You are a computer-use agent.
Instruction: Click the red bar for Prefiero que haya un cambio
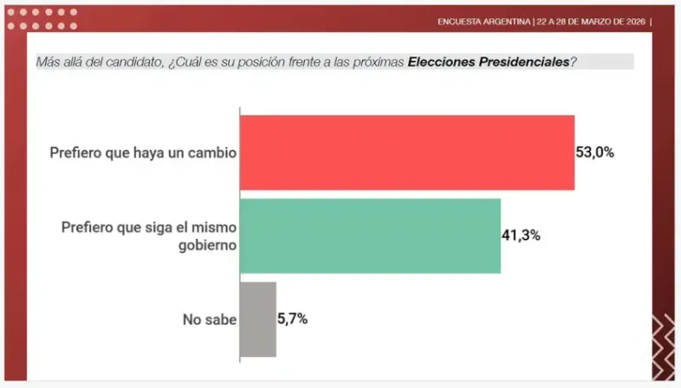(x=406, y=152)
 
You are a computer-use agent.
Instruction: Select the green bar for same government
(x=370, y=236)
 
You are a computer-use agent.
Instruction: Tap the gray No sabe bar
(x=258, y=319)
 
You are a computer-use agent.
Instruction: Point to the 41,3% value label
(x=521, y=235)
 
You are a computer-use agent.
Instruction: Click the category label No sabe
(x=209, y=319)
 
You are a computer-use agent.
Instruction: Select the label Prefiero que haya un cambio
(x=144, y=152)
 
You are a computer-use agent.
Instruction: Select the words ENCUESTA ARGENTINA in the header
(x=484, y=22)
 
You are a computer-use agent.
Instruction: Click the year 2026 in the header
(x=633, y=22)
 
